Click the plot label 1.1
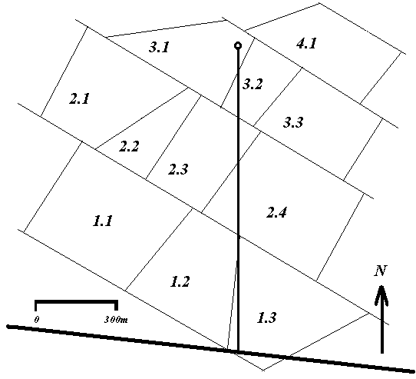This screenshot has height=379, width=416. coord(103,221)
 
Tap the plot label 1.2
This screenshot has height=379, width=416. coord(180,281)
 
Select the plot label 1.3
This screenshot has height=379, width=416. coord(266,317)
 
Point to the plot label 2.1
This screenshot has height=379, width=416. coord(79,98)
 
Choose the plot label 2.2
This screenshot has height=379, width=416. coord(129,146)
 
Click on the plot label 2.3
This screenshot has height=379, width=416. coord(178,169)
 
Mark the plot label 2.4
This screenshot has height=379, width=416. coord(277,212)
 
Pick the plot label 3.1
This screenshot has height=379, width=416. coord(159,47)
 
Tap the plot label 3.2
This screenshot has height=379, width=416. coord(253,84)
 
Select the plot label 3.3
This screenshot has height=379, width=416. coord(293,122)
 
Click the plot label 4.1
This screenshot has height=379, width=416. coord(306,43)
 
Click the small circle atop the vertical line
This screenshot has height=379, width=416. coord(238,45)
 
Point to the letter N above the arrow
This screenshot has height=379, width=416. coord(380,271)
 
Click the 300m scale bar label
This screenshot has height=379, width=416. coord(116,319)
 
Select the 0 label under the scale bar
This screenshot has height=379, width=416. coord(37,319)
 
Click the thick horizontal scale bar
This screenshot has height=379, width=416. coord(76,301)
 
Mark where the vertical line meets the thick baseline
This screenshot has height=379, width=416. coord(238,351)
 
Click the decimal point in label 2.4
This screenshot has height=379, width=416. coord(276,217)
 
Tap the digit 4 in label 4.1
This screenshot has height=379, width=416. coord(301,43)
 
